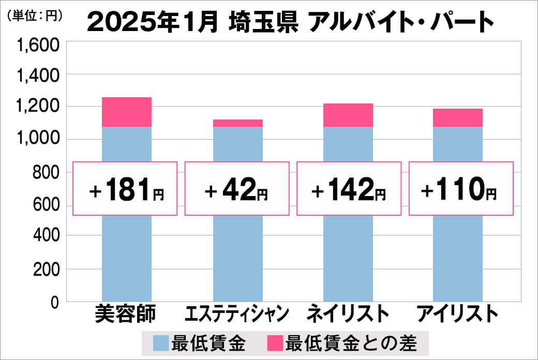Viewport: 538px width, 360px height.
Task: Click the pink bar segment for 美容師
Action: point(127,112)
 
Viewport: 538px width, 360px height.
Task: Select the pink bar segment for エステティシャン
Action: point(238,123)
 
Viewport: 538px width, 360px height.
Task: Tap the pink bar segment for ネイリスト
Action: point(348,115)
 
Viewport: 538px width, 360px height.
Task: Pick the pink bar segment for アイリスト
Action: point(457,117)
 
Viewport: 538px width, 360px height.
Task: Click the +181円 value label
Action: point(126,189)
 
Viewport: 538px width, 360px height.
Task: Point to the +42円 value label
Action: point(236,189)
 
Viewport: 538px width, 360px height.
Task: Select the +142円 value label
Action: point(349,189)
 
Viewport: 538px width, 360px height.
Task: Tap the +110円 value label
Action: point(461,189)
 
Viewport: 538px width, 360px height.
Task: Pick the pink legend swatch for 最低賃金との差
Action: point(275,343)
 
